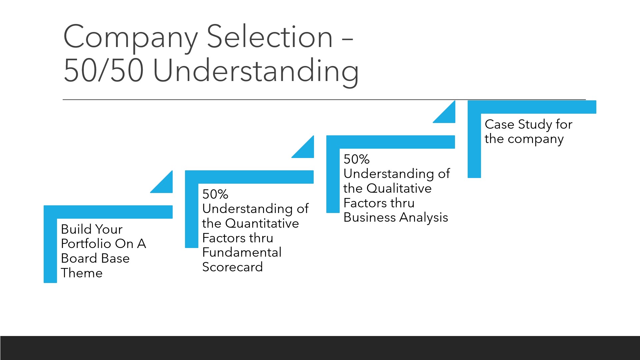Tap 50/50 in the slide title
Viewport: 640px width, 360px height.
103,70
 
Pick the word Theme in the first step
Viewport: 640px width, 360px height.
82,273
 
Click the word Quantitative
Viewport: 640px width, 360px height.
258,223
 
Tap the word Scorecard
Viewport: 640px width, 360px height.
233,267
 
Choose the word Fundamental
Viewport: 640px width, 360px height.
242,252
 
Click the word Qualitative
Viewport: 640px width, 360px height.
399,188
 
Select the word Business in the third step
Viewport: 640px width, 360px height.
370,217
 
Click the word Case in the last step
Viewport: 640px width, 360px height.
499,124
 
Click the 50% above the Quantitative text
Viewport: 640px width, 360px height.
215,194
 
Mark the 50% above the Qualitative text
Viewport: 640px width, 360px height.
357,159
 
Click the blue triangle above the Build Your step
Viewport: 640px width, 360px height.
165,185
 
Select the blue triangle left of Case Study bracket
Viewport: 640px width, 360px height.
448,115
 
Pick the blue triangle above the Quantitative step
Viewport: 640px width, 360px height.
306,150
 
